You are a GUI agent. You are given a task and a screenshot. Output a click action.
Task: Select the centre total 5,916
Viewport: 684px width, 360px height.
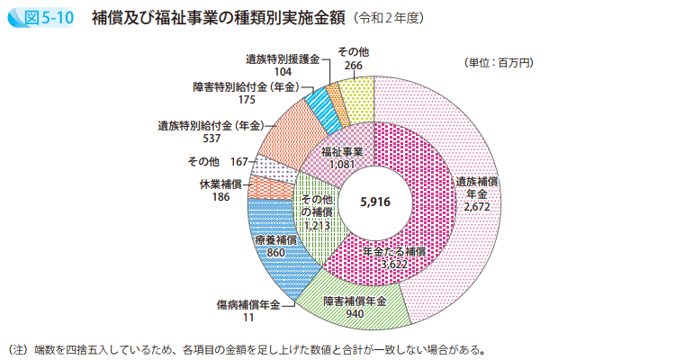point(373,202)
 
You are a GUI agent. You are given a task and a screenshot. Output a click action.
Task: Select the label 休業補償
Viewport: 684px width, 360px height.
point(220,184)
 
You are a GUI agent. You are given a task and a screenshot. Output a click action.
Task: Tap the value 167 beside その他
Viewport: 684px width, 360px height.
point(238,161)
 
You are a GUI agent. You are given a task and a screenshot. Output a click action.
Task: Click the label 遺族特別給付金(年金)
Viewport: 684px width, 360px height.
point(211,126)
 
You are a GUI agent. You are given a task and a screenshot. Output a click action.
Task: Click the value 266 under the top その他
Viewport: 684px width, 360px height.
point(353,66)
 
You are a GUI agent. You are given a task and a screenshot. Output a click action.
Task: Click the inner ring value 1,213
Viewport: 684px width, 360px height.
point(316,225)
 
